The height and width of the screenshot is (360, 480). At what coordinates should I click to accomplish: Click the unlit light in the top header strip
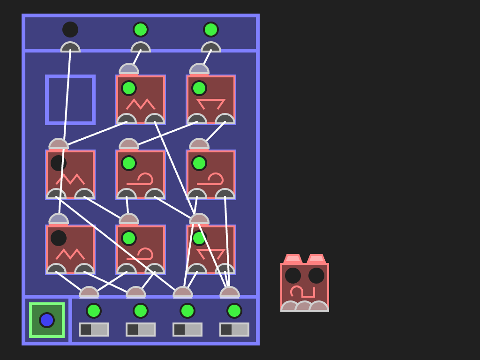(70, 30)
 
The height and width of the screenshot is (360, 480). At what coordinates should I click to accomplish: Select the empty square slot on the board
(70, 100)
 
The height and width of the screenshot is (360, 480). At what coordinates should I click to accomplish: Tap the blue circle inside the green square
(47, 320)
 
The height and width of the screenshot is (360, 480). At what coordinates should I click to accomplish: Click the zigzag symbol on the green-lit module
(141, 104)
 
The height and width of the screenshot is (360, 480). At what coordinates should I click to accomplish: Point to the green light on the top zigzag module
(129, 88)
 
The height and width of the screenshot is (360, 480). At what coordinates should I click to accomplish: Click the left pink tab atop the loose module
(293, 258)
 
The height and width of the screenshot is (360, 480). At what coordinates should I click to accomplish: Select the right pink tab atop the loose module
(316, 258)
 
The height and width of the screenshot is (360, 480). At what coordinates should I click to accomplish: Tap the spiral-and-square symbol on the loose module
(302, 292)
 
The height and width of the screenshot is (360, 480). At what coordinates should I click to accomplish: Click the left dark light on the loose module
(293, 276)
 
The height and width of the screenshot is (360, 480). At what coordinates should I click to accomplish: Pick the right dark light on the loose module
(316, 276)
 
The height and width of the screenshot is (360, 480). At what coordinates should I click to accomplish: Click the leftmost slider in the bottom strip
(94, 330)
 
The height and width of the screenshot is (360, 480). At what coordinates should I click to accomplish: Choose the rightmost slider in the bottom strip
(234, 330)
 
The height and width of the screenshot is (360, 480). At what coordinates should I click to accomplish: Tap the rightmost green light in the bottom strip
(234, 311)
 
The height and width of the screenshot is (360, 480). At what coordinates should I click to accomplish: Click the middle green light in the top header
(141, 30)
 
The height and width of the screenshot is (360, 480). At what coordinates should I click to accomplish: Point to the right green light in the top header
(211, 30)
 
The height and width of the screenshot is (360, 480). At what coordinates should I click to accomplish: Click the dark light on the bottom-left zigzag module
(59, 238)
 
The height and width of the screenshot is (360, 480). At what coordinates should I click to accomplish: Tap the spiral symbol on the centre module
(141, 179)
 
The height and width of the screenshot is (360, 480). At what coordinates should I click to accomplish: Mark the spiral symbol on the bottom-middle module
(141, 254)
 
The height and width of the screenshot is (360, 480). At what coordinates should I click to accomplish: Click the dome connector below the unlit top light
(70, 47)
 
